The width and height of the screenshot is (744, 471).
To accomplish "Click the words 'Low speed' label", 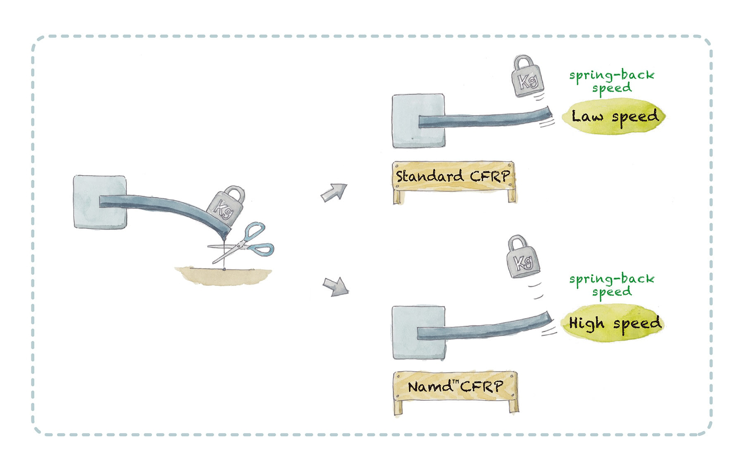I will point(615,116).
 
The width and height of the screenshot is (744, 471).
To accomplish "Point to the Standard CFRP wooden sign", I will point(453,177).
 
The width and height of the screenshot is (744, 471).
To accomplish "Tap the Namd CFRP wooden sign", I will point(455,387).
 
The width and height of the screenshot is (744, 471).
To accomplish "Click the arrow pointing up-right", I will point(334,193).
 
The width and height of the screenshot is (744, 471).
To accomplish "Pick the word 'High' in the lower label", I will point(586,323).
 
